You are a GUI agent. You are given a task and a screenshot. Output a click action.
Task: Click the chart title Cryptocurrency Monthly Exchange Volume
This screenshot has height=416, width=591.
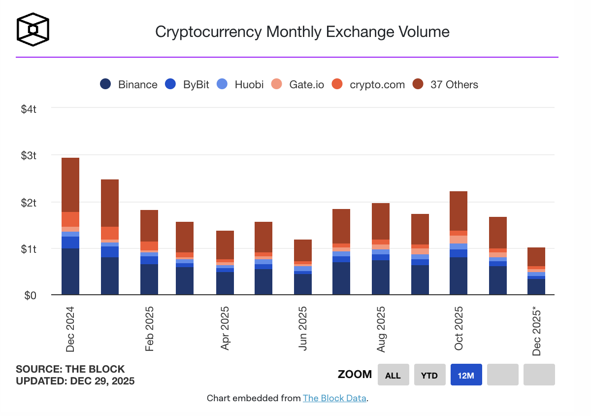point(302,32)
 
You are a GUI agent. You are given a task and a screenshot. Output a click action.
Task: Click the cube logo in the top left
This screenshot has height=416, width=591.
point(33,29)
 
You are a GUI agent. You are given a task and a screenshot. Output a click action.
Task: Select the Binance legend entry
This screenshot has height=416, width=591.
point(129,84)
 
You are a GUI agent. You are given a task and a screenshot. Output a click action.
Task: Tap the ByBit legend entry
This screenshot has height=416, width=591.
point(187,84)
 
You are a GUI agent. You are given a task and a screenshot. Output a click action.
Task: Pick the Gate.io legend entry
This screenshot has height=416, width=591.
point(298,84)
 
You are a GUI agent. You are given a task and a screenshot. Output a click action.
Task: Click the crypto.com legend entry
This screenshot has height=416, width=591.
point(368,84)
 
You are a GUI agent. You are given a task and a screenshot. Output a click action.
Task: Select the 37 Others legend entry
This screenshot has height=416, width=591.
point(446,84)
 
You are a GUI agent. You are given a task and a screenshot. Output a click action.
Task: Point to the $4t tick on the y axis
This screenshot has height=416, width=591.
point(29,109)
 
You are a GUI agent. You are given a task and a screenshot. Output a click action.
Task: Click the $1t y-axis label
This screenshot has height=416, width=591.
point(29,249)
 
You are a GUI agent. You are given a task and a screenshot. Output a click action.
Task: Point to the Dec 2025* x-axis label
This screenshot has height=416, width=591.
point(536,331)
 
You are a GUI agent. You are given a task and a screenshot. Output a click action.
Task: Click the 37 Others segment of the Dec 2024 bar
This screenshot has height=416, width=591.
point(70,185)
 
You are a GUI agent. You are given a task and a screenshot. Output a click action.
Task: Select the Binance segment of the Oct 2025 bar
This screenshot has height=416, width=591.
point(459,276)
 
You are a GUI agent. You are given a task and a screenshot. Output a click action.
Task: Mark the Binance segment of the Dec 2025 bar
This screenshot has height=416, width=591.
point(536,287)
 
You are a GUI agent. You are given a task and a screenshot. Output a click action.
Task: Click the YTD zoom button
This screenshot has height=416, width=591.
point(429,375)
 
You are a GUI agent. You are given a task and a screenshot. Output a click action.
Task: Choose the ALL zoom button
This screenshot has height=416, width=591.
point(393,375)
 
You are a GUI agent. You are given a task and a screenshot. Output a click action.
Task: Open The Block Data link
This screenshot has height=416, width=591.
point(334,398)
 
